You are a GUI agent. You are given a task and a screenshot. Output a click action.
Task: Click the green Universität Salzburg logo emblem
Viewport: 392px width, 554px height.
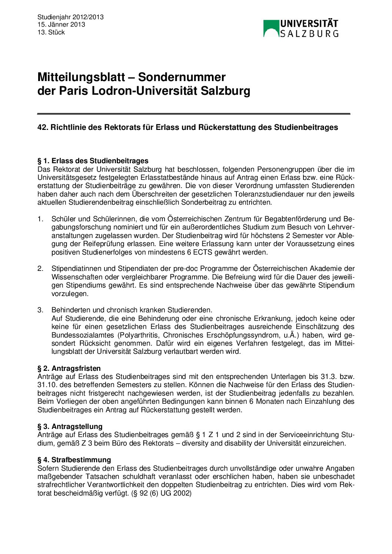coord(271,28)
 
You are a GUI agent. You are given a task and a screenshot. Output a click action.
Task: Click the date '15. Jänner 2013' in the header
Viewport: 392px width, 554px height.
coord(61,25)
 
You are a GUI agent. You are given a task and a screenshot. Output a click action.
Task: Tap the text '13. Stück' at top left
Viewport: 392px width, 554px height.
coord(51,33)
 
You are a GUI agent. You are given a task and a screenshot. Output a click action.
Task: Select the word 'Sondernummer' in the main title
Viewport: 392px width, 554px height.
coord(182,77)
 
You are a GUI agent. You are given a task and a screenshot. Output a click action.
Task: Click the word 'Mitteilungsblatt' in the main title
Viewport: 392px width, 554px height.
coord(81,77)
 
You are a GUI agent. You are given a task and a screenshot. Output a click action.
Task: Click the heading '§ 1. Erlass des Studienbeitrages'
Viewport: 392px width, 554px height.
coord(93,161)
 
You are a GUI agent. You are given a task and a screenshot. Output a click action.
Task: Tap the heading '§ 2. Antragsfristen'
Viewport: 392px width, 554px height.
coord(69,369)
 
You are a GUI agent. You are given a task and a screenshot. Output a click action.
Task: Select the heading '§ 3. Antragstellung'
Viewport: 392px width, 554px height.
coord(70,426)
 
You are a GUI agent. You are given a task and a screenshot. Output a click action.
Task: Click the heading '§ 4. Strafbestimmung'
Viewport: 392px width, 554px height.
coord(74,460)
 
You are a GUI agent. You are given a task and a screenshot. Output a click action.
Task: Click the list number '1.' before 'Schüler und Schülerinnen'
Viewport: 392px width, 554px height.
coord(40,219)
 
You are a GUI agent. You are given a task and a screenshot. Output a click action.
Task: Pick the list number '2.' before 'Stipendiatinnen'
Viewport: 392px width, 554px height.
coord(40,269)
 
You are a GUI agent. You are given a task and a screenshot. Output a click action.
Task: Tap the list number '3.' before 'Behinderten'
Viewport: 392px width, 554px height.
coord(40,310)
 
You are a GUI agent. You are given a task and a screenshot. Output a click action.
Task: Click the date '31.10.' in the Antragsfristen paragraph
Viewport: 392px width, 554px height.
coord(46,385)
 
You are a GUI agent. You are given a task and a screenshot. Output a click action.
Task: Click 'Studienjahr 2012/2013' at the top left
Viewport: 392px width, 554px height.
coord(70,17)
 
